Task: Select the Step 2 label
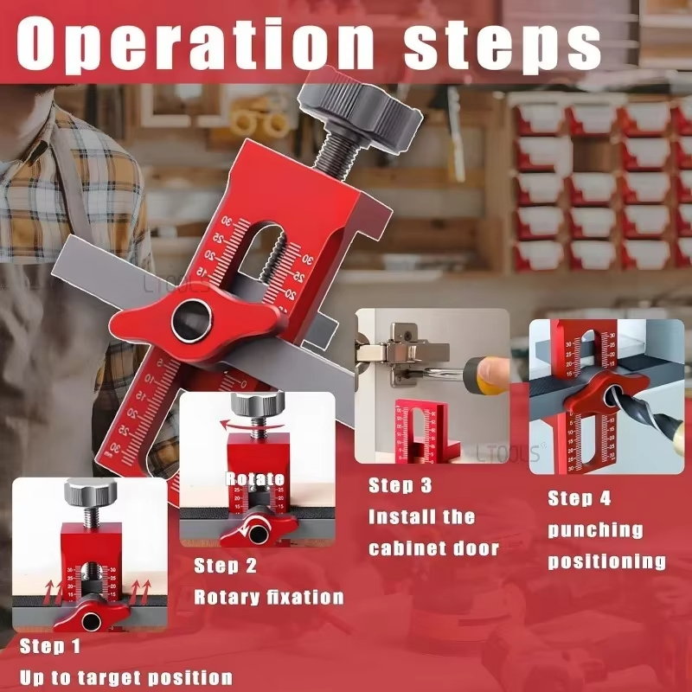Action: pos(226,566)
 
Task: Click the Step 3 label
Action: pos(400,485)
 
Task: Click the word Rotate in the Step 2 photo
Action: pos(255,478)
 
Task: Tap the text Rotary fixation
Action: pos(268,597)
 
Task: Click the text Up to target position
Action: pos(125,676)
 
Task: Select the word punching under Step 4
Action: pos(595,529)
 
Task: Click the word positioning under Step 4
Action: pos(606,561)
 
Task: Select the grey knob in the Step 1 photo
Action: pos(90,494)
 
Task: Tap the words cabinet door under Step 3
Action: pos(433,548)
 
